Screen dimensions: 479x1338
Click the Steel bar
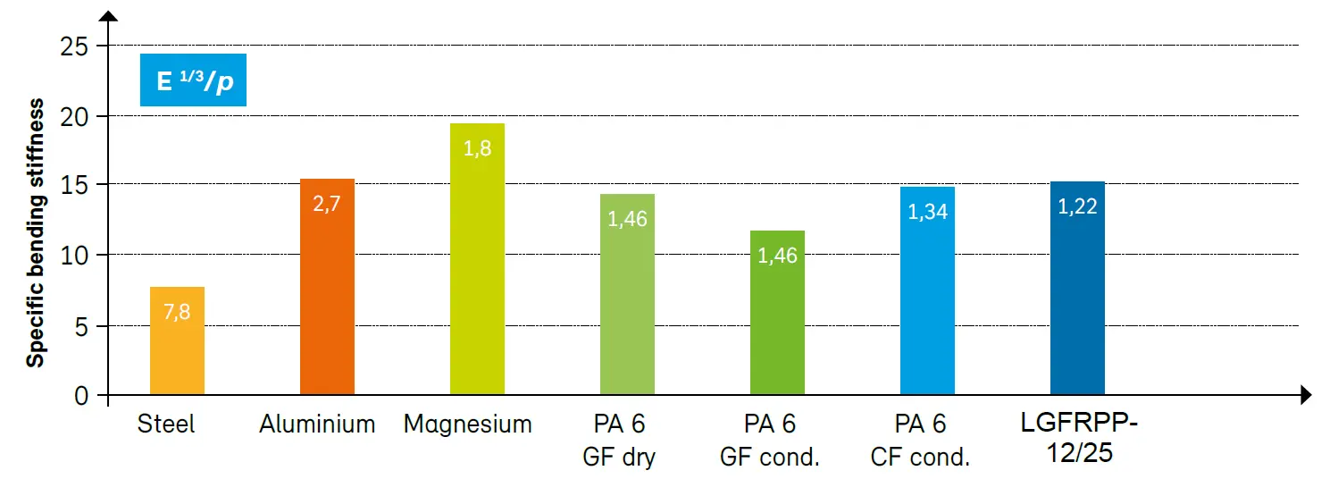(177, 344)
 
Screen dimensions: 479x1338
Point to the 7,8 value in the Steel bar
(177, 313)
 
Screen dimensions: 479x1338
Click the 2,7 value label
(327, 203)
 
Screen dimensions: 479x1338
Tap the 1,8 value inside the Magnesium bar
(477, 148)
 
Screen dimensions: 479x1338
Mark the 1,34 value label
(927, 212)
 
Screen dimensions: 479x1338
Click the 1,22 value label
(1077, 206)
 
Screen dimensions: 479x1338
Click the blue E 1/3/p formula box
(193, 80)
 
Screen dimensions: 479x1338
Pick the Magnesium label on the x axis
(467, 424)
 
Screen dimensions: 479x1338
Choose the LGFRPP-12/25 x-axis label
(1081, 438)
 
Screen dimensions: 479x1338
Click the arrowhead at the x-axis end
(1305, 394)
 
